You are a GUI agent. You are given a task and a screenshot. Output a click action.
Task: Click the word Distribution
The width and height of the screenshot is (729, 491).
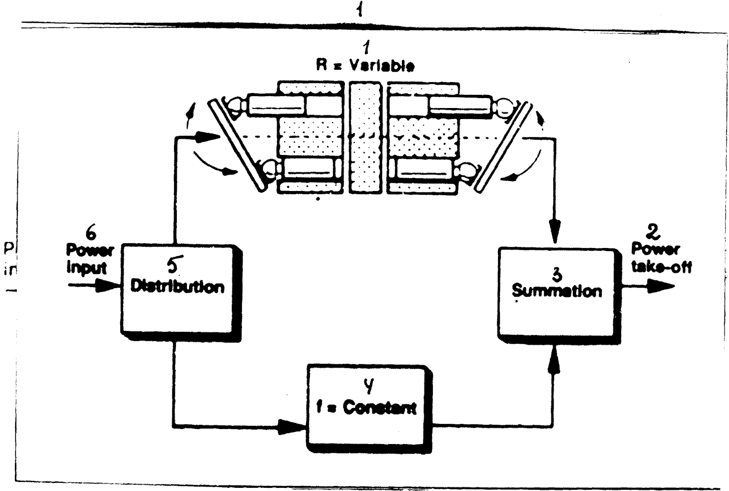coord(177,287)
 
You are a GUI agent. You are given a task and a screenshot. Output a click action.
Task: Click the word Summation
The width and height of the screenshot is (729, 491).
coord(556,291)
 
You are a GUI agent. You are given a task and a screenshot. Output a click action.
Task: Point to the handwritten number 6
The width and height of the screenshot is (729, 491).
coord(91,234)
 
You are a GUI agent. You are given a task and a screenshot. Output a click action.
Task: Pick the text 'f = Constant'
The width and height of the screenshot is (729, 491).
coord(366,408)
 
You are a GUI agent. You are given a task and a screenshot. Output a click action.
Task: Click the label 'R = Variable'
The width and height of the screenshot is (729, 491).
coord(365,66)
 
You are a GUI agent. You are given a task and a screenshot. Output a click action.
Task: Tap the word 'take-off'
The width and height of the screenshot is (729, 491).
coord(661,266)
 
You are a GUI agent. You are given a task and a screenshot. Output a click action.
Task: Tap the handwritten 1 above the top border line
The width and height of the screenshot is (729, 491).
coord(360,10)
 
